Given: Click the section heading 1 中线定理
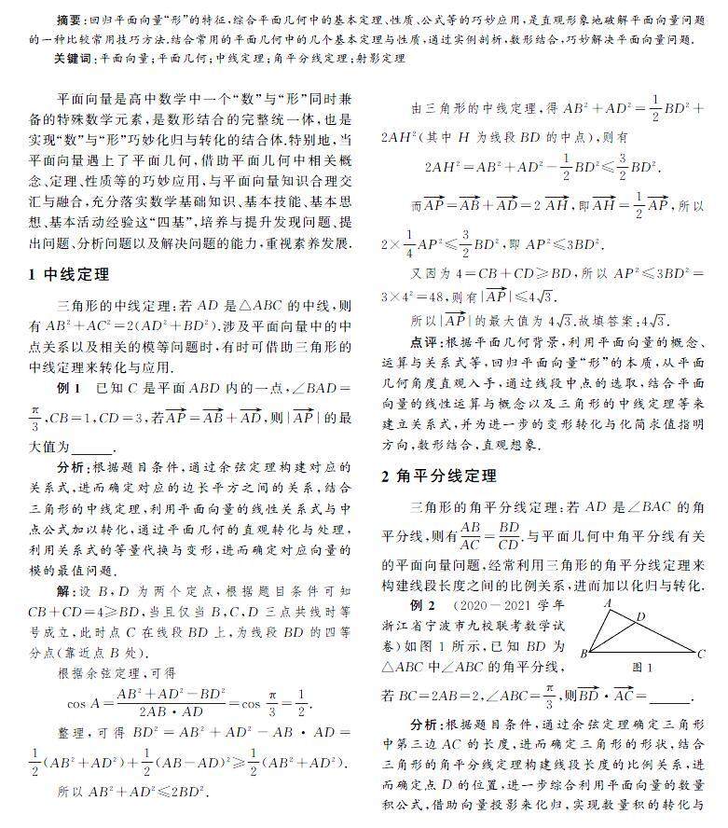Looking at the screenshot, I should click(69, 274).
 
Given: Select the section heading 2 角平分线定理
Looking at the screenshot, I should click(440, 476).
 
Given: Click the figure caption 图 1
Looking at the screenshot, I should click(642, 668).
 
